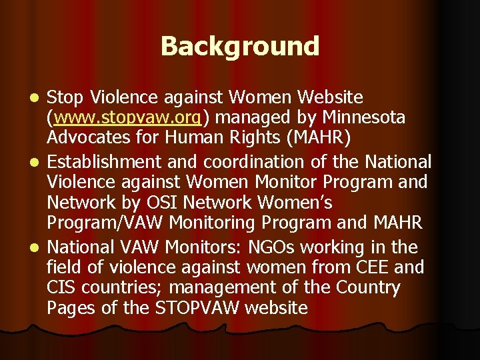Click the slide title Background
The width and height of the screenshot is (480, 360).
coord(240,47)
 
